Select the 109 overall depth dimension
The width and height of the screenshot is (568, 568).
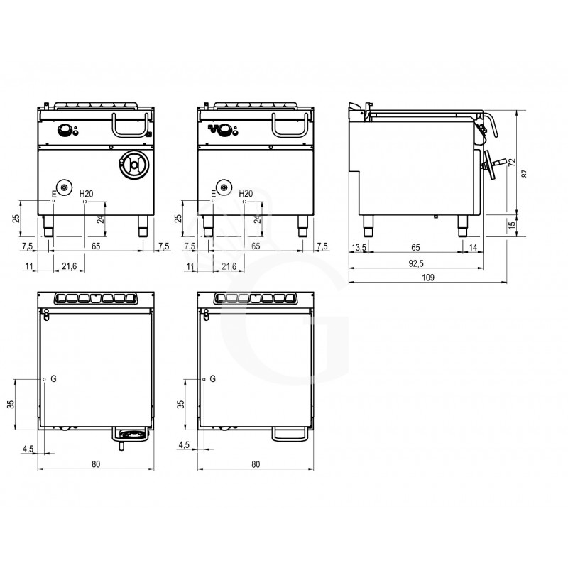(428, 278)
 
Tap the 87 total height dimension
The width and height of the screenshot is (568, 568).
(523, 173)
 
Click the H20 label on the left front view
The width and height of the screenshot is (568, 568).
(87, 193)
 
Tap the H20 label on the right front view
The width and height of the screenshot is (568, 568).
(246, 193)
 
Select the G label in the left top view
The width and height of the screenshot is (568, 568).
(53, 378)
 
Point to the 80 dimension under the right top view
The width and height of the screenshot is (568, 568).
(256, 465)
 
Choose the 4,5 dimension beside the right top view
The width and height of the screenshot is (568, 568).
(184, 446)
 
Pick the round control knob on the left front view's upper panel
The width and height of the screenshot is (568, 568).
(65, 129)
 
